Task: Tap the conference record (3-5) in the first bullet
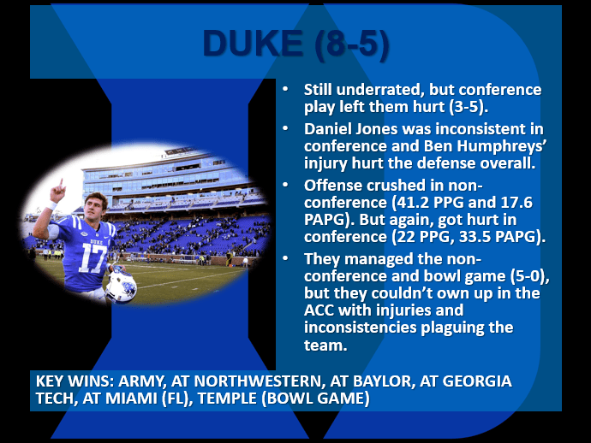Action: (478, 109)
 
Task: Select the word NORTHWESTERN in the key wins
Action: (244, 381)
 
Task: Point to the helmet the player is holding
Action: (121, 285)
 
